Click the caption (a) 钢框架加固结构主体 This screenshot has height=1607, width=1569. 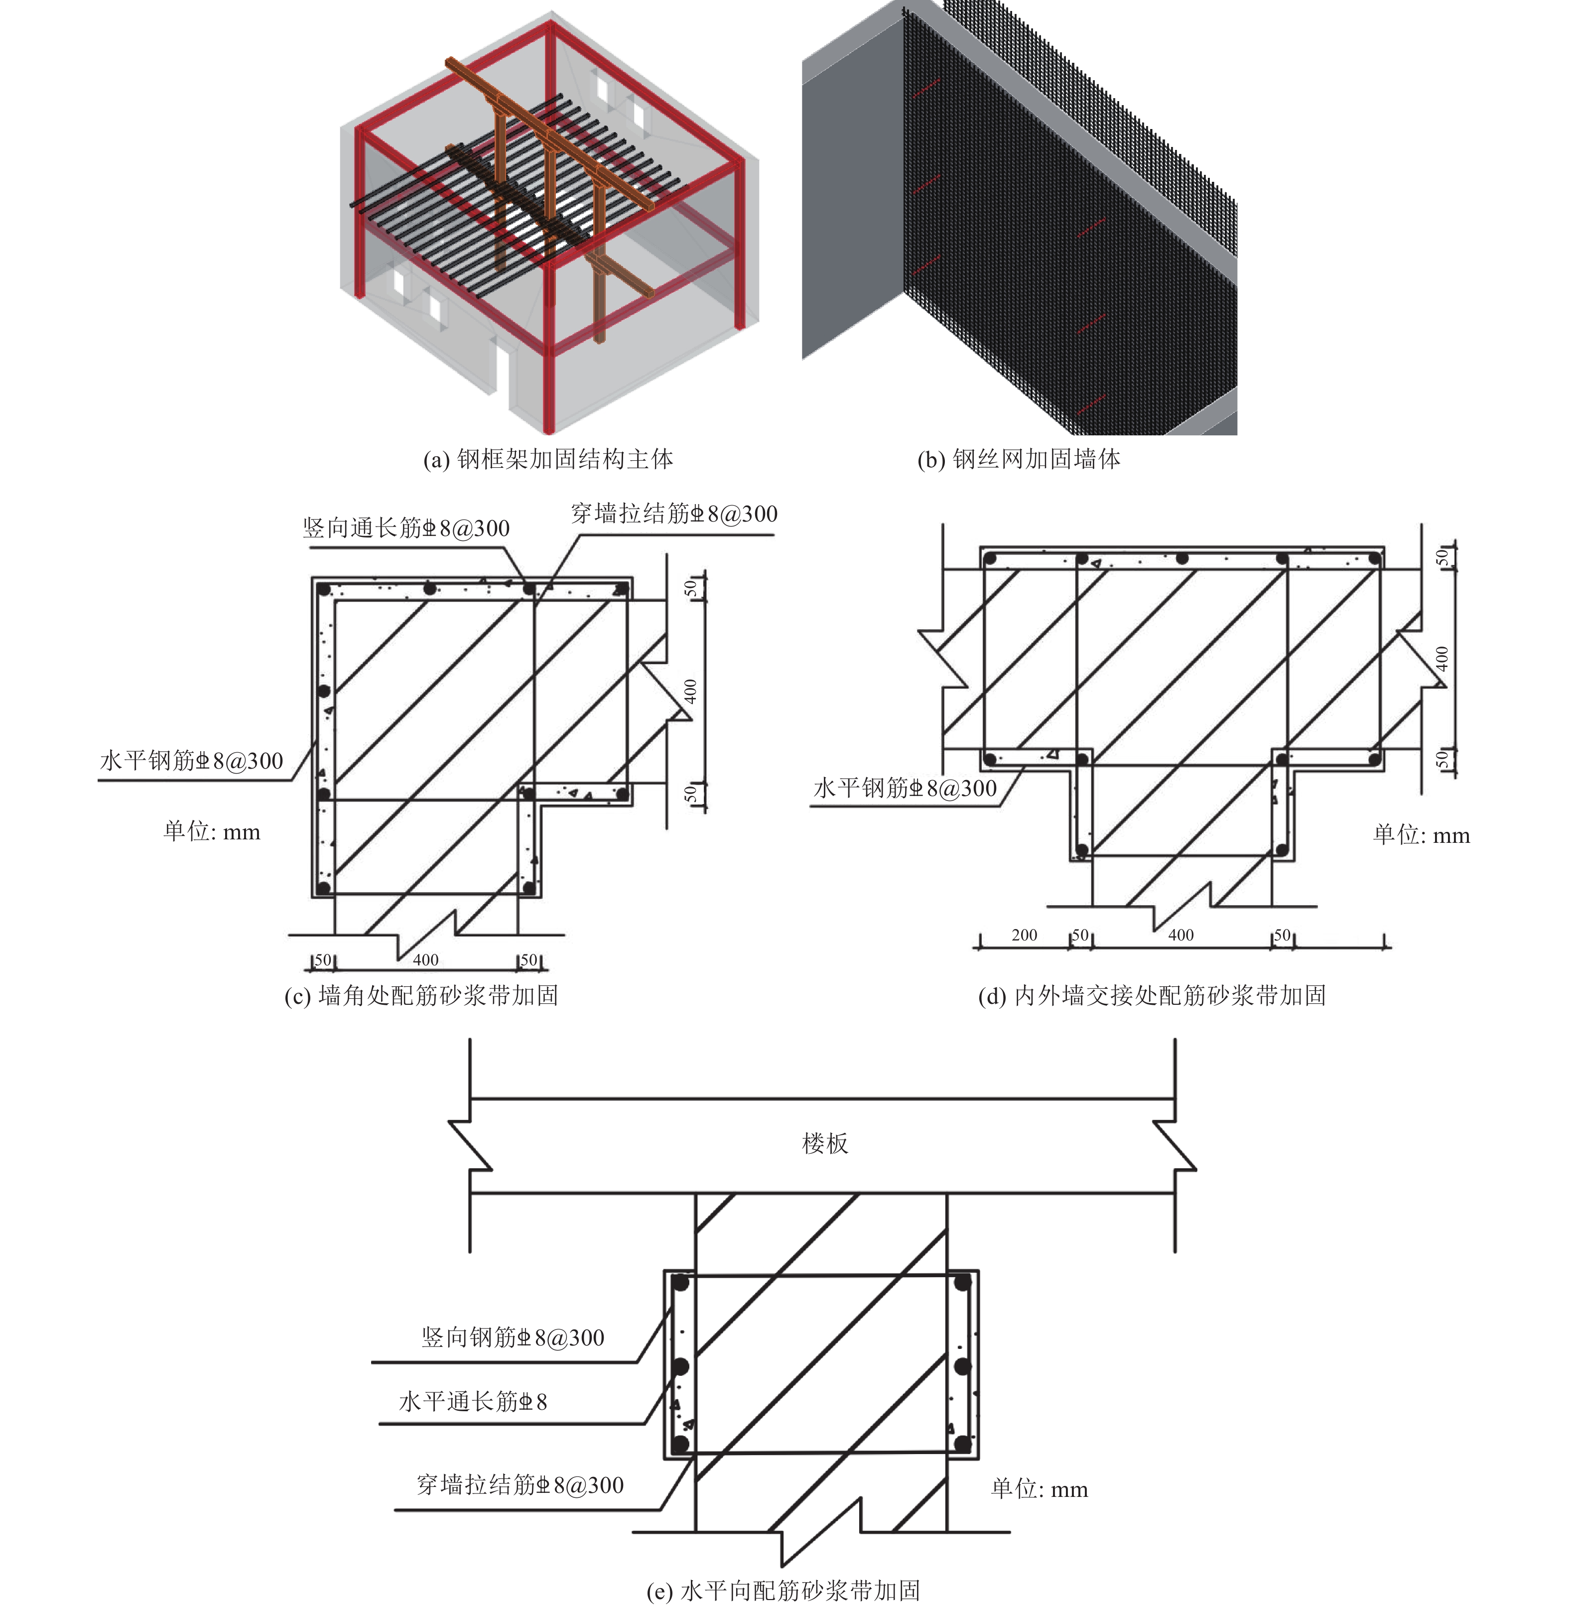pyautogui.click(x=548, y=459)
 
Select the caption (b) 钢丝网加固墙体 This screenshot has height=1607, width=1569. pyautogui.click(x=1019, y=459)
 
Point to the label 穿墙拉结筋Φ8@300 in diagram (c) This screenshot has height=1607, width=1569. pyautogui.click(x=674, y=514)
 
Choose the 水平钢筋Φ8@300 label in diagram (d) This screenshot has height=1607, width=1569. pyautogui.click(x=905, y=788)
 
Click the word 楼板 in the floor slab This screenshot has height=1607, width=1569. pyautogui.click(x=825, y=1143)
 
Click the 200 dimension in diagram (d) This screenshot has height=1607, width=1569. pyautogui.click(x=1024, y=935)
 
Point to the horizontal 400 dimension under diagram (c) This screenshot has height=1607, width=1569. pyautogui.click(x=425, y=959)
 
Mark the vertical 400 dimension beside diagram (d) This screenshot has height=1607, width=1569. pyautogui.click(x=1441, y=659)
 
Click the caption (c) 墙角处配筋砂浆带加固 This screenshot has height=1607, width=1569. pyautogui.click(x=421, y=995)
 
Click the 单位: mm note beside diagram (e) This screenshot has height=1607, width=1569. pyautogui.click(x=1039, y=1488)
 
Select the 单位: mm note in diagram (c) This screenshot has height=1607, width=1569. pyautogui.click(x=212, y=831)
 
